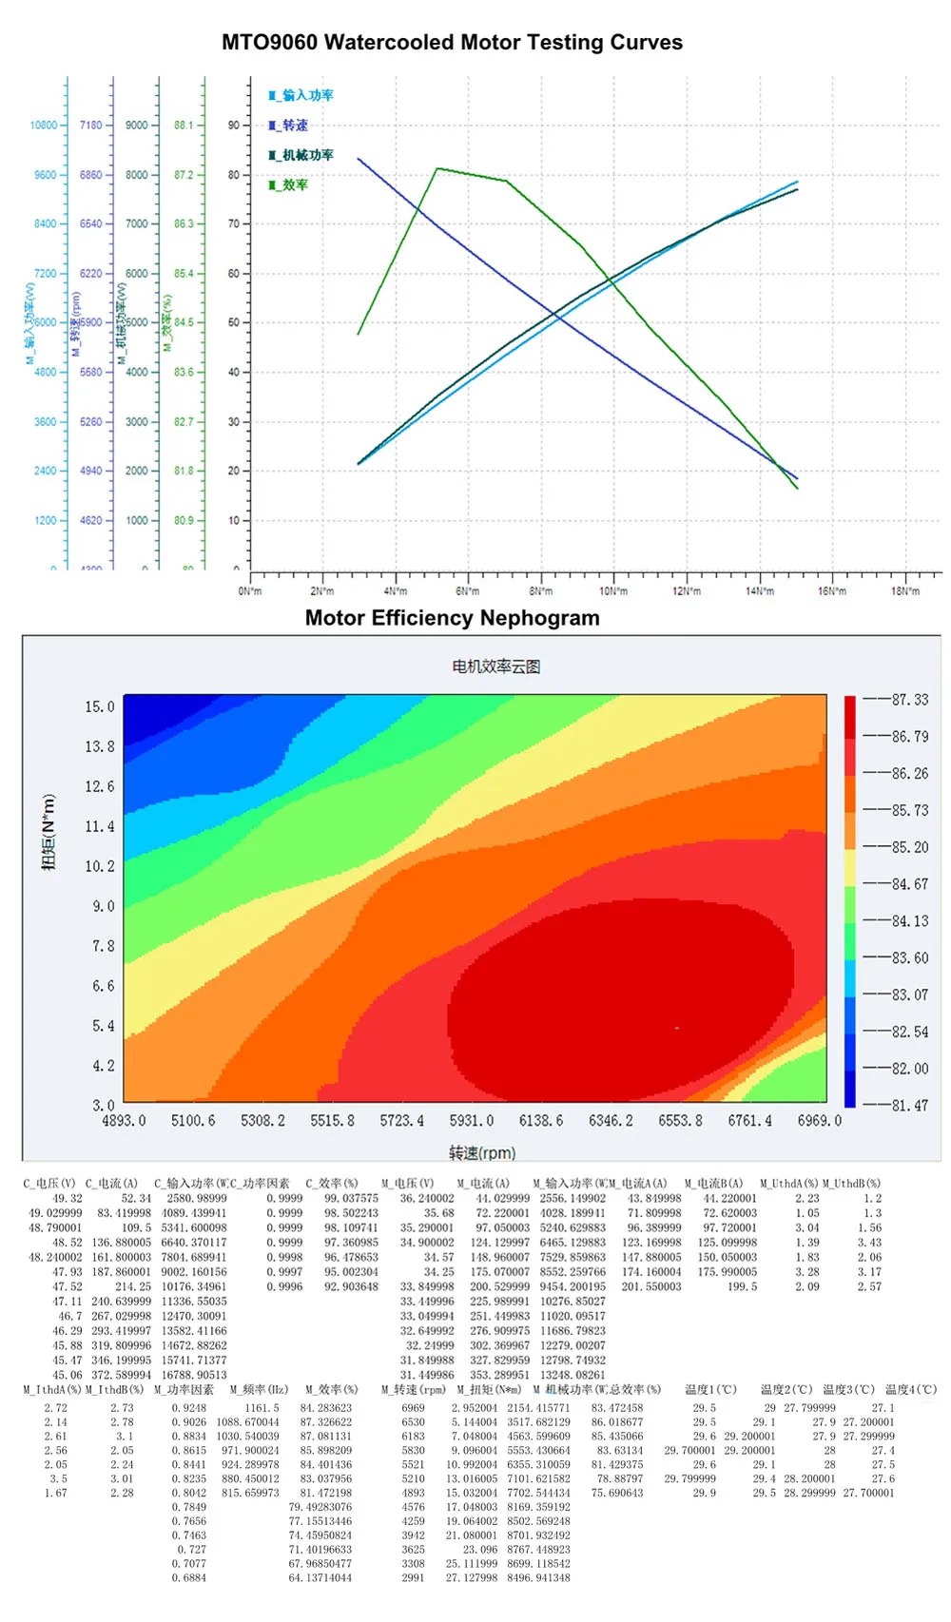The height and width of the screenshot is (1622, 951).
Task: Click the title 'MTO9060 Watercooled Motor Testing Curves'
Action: (452, 43)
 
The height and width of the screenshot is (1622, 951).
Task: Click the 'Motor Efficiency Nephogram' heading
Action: (452, 618)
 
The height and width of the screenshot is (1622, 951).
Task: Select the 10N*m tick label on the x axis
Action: (613, 591)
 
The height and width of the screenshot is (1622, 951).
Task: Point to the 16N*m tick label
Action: (832, 591)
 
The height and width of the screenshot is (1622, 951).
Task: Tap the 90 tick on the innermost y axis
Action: (234, 126)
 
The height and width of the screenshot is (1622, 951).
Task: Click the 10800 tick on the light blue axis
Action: (44, 126)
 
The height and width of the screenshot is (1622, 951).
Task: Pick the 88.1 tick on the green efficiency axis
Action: (184, 126)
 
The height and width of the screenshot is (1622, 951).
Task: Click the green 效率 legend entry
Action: (289, 185)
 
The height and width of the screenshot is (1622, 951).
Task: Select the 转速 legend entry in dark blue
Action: (289, 126)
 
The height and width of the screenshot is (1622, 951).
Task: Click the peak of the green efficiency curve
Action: (437, 169)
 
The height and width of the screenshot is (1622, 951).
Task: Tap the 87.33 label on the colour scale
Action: (909, 700)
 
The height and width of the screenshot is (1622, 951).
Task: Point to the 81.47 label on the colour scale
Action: (909, 1106)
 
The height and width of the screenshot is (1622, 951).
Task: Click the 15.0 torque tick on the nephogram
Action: (100, 706)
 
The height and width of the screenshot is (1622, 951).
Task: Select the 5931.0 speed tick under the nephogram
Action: (472, 1121)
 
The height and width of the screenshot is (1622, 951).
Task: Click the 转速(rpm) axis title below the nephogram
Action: (482, 1153)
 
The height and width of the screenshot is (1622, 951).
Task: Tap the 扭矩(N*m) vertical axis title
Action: (49, 832)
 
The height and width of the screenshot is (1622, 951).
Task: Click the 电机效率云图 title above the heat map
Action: (495, 666)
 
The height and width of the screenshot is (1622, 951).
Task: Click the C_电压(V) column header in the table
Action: (49, 1184)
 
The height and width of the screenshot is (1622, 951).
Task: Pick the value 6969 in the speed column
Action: (413, 1408)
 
